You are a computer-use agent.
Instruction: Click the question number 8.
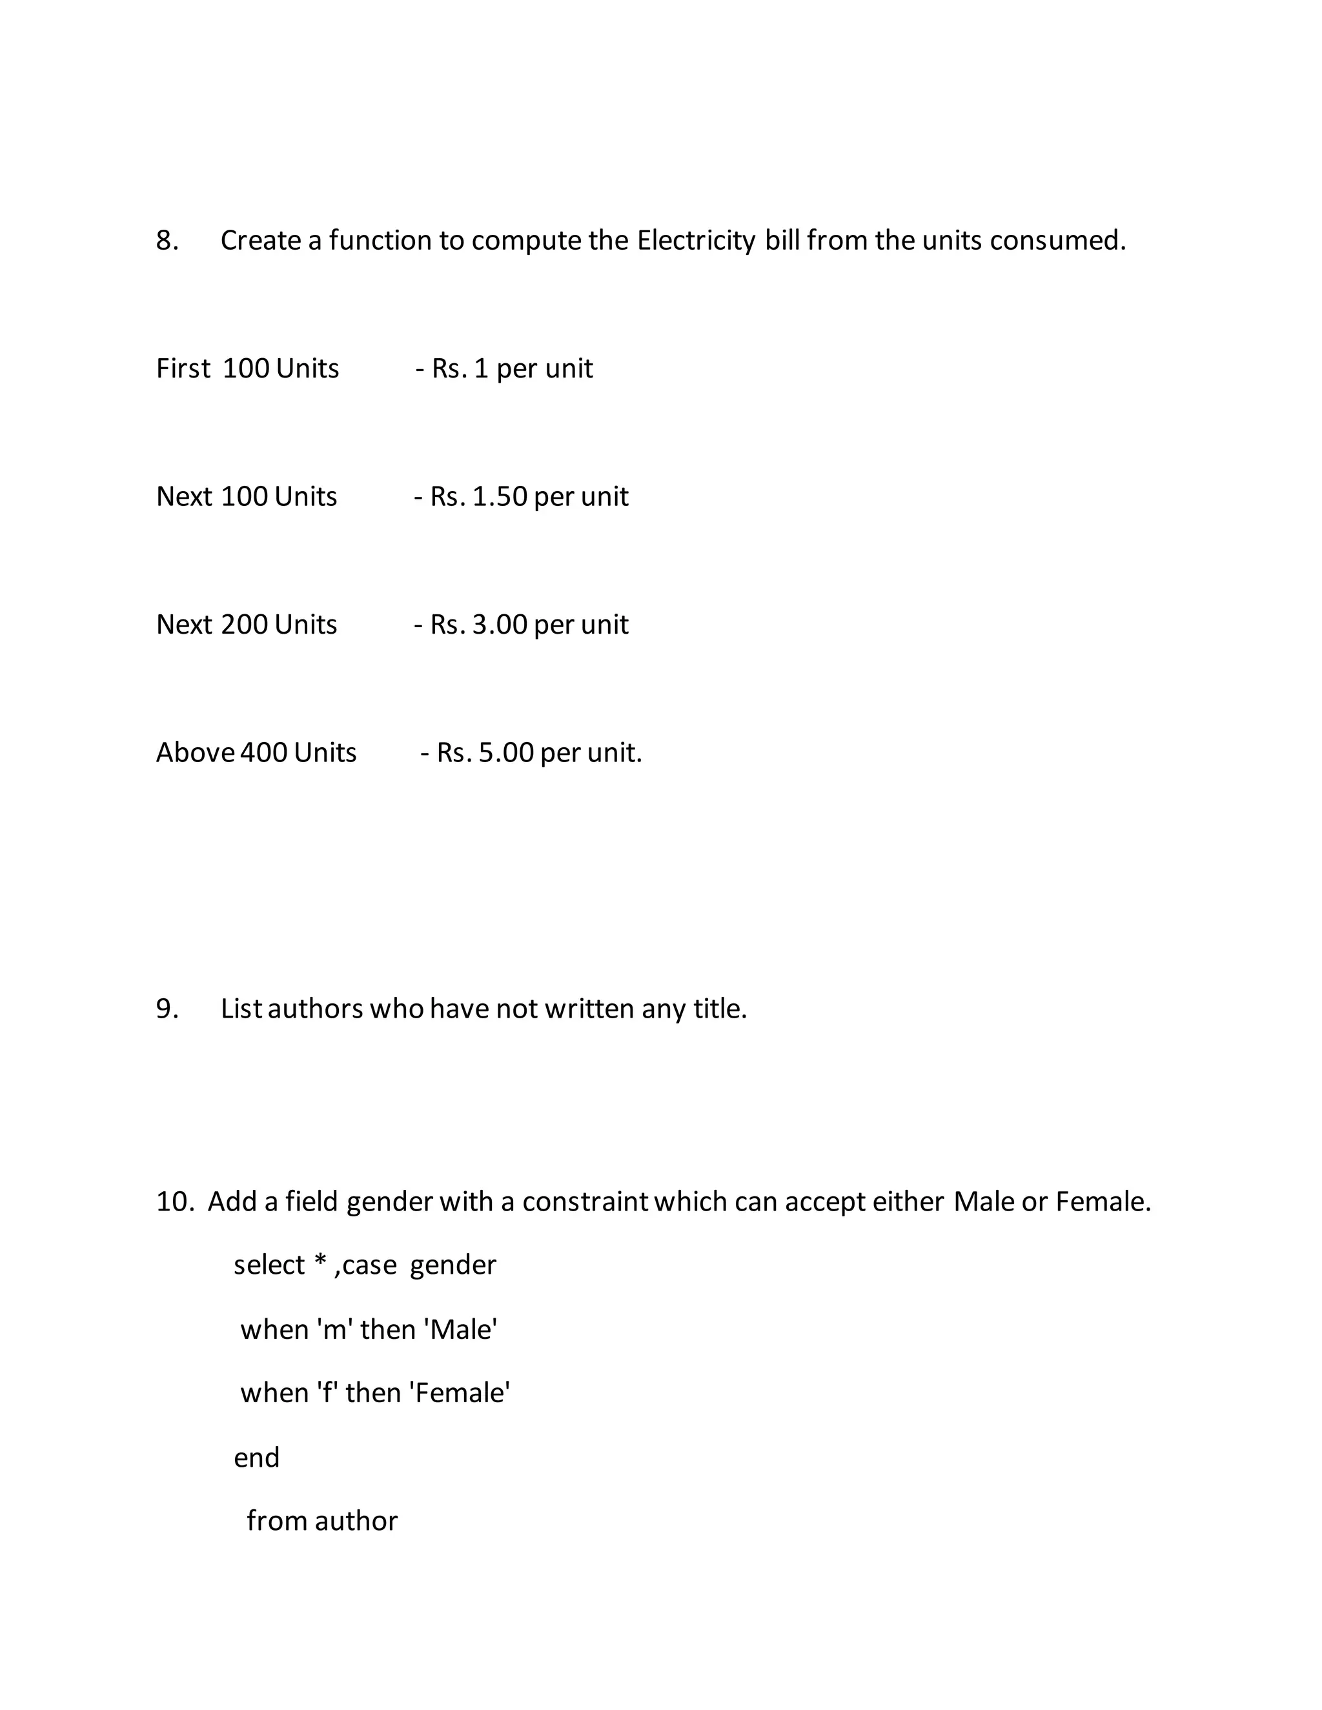point(166,241)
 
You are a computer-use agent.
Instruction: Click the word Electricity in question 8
point(695,241)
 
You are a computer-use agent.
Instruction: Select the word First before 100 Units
point(183,368)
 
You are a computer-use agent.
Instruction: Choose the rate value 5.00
point(506,752)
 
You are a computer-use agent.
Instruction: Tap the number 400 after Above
point(264,752)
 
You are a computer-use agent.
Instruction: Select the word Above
point(195,752)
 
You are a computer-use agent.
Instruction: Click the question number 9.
point(166,1009)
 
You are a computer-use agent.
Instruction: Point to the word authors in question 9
point(315,1009)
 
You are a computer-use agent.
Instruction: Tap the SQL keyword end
point(256,1458)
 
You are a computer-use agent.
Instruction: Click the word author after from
point(356,1522)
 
